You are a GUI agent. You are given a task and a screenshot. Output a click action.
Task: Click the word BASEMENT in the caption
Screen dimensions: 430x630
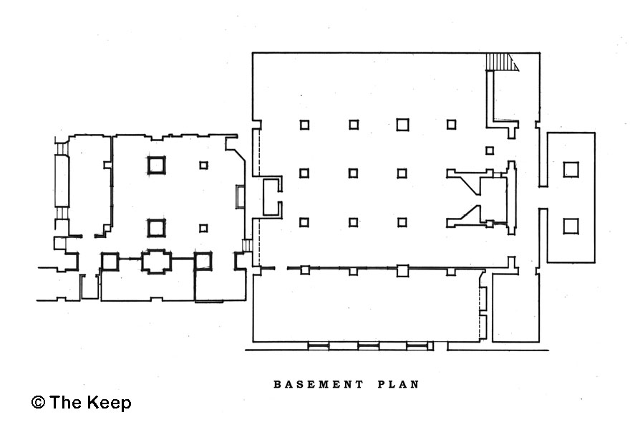(319, 384)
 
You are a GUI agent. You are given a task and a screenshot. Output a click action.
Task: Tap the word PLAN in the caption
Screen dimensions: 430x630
(398, 384)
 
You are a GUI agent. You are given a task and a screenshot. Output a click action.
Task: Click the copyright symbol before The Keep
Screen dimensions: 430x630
(38, 403)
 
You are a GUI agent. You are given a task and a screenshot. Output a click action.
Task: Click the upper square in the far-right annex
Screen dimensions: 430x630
(571, 169)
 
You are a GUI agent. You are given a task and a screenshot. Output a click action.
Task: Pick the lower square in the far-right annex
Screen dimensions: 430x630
(571, 226)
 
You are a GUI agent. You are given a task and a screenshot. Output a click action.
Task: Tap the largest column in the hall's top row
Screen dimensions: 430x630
(402, 125)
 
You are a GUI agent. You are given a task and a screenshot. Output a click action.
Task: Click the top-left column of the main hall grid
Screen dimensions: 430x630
(304, 125)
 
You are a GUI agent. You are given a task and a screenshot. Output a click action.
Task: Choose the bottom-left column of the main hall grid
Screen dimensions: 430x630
(304, 222)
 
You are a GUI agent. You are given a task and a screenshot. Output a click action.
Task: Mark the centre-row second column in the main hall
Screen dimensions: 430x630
(354, 173)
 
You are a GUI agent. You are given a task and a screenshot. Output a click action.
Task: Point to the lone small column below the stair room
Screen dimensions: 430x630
(490, 150)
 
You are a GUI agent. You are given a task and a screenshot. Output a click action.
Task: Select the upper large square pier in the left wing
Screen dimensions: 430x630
(156, 166)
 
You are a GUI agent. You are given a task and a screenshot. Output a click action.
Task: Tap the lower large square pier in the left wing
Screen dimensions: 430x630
(156, 228)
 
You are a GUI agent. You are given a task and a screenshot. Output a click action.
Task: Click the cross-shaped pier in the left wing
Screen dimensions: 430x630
(156, 261)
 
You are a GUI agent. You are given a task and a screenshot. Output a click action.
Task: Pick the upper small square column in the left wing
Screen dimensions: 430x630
(203, 165)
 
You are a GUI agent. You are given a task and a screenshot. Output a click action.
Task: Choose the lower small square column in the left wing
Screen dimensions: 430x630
(203, 228)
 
